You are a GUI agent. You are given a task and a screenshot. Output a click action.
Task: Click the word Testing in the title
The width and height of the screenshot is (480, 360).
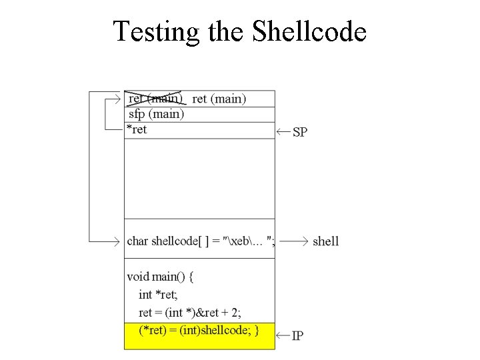coord(157,31)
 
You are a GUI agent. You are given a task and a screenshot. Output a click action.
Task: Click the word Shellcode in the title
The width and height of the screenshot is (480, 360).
coord(309,31)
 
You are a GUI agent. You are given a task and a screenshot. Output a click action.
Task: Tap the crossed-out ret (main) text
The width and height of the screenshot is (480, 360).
coord(155,99)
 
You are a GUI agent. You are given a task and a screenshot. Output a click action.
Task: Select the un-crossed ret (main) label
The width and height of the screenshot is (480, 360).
coord(219,99)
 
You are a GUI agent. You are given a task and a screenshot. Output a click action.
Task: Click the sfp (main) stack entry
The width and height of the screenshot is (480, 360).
coord(156,114)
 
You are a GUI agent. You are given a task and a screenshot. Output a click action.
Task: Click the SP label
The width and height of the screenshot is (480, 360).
coord(300,132)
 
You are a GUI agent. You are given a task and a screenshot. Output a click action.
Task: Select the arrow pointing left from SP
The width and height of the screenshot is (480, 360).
coord(283,132)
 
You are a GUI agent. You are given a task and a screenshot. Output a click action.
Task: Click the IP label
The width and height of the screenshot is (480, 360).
coord(297,335)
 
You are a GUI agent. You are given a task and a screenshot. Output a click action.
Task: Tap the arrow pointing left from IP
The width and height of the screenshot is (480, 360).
coord(283,335)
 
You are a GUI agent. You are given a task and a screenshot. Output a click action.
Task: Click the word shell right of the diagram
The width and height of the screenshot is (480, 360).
coord(325,241)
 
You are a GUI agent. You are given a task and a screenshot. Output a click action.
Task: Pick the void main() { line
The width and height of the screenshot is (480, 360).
coord(160,277)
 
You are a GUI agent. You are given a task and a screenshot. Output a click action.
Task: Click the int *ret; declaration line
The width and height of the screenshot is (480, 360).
coord(158,295)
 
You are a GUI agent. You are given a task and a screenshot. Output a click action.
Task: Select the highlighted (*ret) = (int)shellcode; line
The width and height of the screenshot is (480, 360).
coord(198,331)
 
